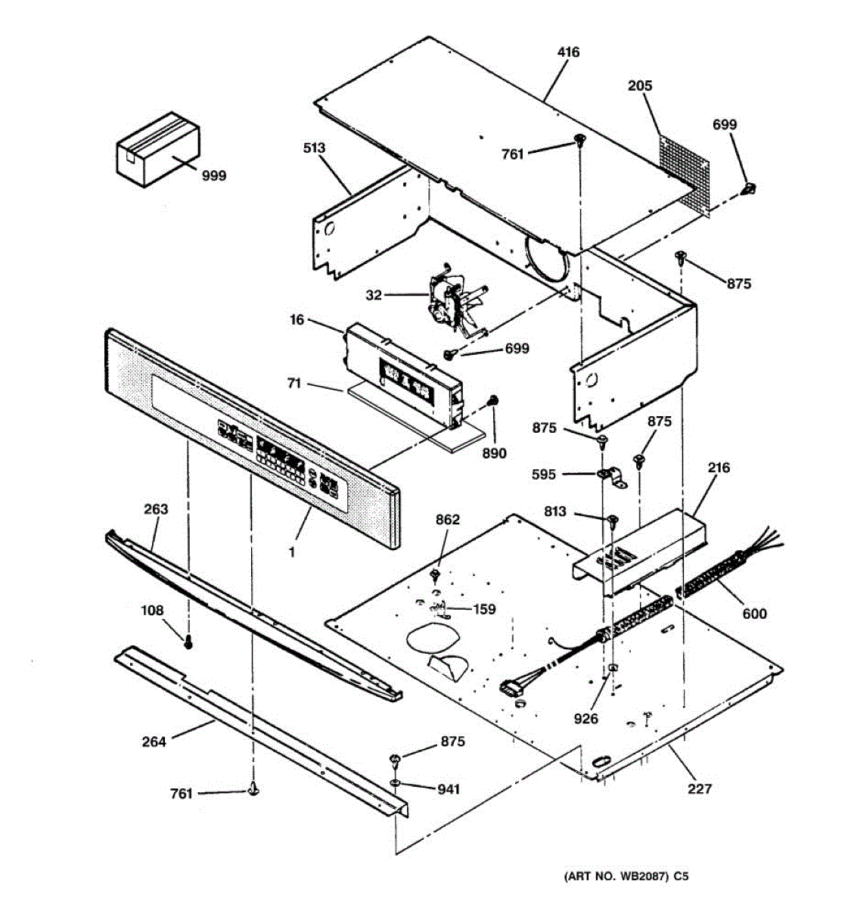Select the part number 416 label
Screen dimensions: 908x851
point(568,52)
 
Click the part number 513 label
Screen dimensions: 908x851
point(314,148)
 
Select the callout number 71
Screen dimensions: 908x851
point(294,384)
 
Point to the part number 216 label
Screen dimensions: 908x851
point(719,468)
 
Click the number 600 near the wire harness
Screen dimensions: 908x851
point(753,614)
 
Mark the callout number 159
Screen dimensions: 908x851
point(484,608)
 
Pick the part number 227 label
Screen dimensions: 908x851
point(700,789)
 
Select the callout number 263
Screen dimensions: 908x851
point(156,509)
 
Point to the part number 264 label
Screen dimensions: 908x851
point(154,742)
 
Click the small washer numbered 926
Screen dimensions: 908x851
point(610,669)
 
